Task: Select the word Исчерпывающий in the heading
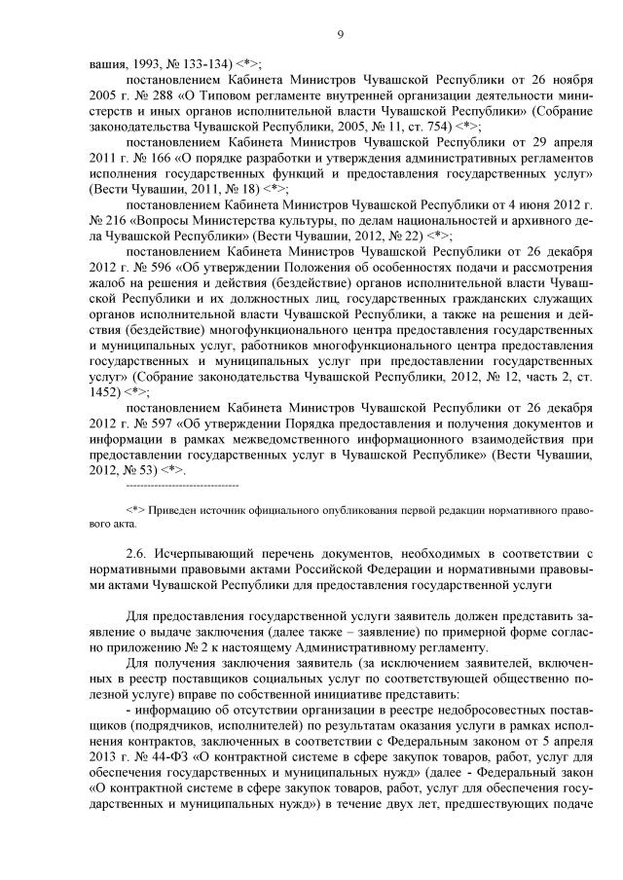220,552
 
